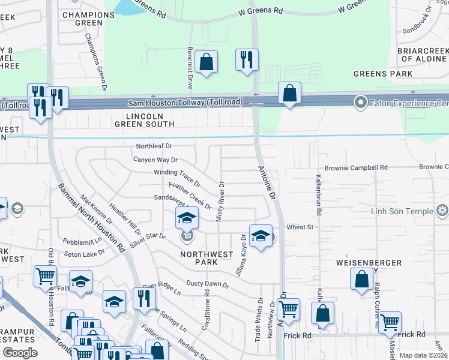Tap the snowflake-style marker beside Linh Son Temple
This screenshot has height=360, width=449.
pyautogui.click(x=442, y=211)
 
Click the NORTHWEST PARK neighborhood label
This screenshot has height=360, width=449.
pyautogui.click(x=206, y=259)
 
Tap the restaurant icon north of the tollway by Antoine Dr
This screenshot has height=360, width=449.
pyautogui.click(x=246, y=60)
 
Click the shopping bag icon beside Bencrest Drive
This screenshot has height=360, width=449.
pyautogui.click(x=206, y=62)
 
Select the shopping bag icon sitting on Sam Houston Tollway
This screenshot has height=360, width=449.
pyautogui.click(x=289, y=94)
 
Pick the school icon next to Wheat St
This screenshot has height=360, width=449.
pyautogui.click(x=261, y=236)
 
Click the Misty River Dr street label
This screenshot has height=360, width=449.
pyautogui.click(x=220, y=202)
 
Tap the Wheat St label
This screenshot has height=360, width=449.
pyautogui.click(x=301, y=227)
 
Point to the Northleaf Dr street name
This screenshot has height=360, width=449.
pyautogui.click(x=154, y=146)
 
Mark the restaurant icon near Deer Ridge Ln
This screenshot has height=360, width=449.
pyautogui.click(x=143, y=298)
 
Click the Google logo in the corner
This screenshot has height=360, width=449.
pyautogui.click(x=20, y=353)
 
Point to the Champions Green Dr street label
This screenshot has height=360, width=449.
pyautogui.click(x=95, y=62)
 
